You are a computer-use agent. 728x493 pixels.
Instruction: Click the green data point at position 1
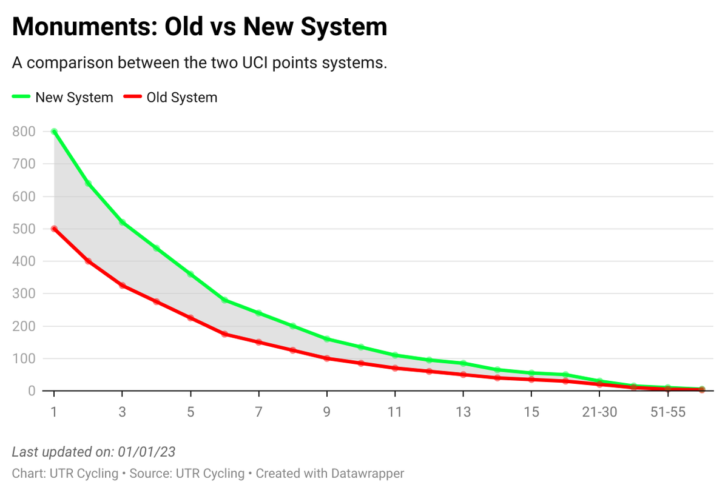click(54, 132)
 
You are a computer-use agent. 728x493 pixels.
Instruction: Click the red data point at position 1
click(54, 229)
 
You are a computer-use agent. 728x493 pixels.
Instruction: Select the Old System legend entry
click(181, 98)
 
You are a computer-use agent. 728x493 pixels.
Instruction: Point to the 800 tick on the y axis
click(24, 132)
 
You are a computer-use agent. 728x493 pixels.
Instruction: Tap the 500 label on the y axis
click(24, 229)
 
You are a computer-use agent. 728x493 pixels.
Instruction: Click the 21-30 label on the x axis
click(599, 412)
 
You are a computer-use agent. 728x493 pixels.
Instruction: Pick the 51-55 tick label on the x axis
click(667, 412)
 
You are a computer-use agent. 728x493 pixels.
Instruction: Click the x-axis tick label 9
click(327, 412)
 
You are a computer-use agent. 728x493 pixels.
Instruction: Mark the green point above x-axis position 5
click(190, 274)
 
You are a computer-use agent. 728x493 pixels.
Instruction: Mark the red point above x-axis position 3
click(123, 285)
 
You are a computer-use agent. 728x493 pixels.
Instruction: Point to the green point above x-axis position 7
click(259, 313)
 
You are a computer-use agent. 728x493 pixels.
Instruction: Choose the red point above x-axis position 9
click(327, 358)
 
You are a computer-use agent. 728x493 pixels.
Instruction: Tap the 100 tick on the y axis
click(24, 358)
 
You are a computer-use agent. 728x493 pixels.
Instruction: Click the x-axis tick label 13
click(463, 412)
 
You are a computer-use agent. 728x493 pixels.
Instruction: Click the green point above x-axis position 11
click(395, 355)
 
